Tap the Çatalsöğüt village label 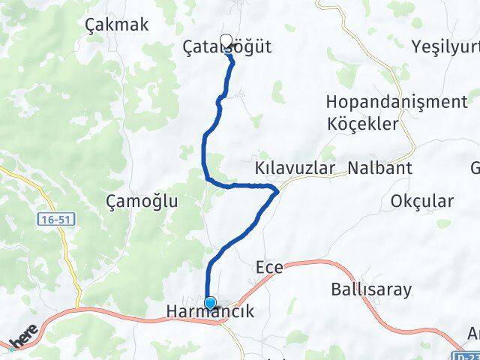coord(227,47)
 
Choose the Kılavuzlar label coord(294,168)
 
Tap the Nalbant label coord(379,168)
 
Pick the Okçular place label coord(422,201)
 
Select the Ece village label coord(269,268)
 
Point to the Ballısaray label coord(367,289)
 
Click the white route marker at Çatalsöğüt coord(226,40)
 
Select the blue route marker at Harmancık coord(210,304)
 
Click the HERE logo coord(19,342)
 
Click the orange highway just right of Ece coord(315,262)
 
